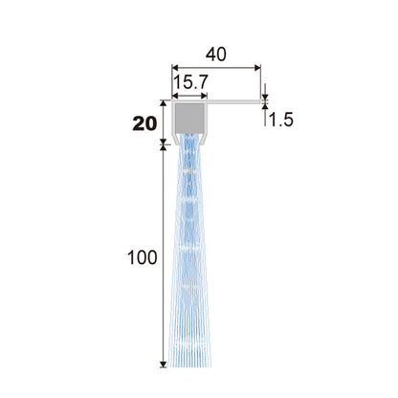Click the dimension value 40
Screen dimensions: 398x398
[216, 55]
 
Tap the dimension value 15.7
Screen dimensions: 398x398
[190, 82]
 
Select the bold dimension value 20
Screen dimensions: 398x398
[144, 123]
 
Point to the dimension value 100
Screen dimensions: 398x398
[143, 257]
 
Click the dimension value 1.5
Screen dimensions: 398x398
[280, 121]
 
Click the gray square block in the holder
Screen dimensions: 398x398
[189, 118]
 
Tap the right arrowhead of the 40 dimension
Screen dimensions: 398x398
[257, 67]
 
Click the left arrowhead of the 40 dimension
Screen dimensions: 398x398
[176, 67]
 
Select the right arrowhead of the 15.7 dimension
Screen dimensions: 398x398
[204, 96]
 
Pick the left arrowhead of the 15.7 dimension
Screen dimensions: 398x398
[176, 96]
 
